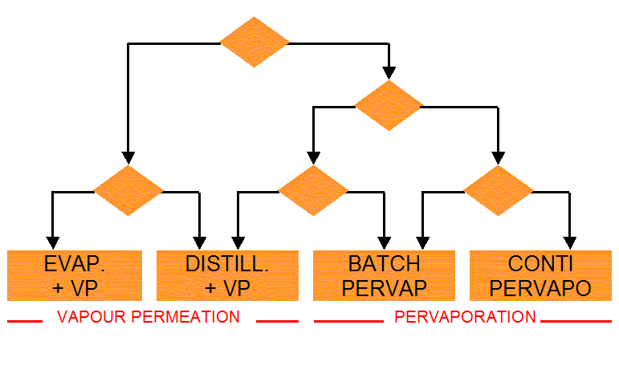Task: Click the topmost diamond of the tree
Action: (255, 42)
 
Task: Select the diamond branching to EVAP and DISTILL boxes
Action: (128, 192)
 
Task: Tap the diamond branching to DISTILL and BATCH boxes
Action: (313, 192)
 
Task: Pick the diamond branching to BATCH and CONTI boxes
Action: (499, 192)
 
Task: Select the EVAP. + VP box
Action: (75, 275)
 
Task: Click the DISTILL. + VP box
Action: (227, 275)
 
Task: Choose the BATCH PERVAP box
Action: (384, 275)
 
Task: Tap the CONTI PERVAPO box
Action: (540, 275)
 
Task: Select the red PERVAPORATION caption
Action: (465, 317)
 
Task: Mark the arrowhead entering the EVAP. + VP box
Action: (53, 242)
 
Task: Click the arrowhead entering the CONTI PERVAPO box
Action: (570, 242)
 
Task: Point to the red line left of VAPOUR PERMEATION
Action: (25, 321)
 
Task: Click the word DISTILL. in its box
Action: (227, 263)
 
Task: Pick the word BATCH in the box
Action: (384, 263)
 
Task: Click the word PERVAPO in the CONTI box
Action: (540, 287)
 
